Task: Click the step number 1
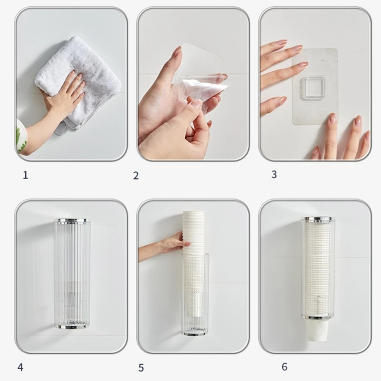26,175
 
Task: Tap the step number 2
136,175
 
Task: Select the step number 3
274,174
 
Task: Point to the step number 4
20,367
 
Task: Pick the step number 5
141,368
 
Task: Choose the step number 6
284,367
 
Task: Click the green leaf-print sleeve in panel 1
21,136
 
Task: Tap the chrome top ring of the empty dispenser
72,221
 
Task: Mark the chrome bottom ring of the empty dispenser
72,326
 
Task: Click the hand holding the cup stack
165,246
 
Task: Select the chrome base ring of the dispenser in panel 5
195,334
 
